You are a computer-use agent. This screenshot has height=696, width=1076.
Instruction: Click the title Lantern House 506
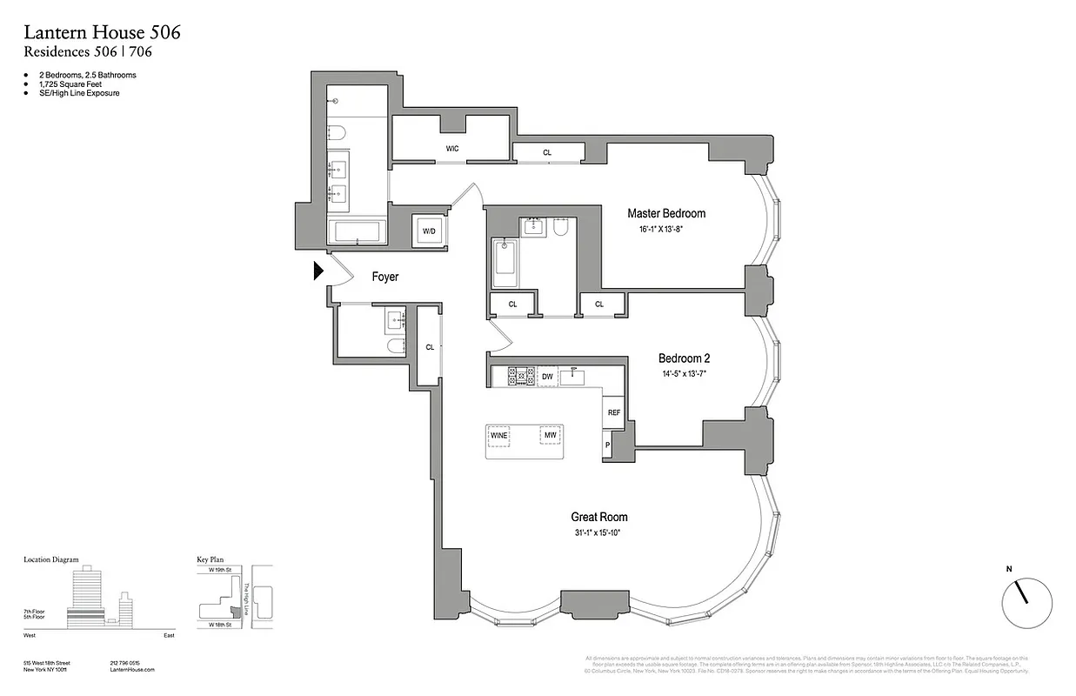click(x=102, y=33)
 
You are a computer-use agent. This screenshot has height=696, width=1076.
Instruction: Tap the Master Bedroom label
click(x=666, y=213)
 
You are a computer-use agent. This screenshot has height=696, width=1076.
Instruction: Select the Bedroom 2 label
click(x=685, y=358)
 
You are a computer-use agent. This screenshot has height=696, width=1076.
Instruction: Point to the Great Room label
click(x=598, y=517)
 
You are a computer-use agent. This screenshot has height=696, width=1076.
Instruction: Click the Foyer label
click(x=385, y=277)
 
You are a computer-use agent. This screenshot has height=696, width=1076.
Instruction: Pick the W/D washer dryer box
click(x=429, y=231)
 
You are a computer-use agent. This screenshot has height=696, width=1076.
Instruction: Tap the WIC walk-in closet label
click(x=452, y=149)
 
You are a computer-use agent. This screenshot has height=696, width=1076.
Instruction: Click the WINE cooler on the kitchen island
click(x=498, y=435)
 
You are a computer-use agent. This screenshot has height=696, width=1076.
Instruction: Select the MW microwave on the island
click(x=550, y=435)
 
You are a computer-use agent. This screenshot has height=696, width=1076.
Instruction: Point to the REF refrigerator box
click(x=613, y=412)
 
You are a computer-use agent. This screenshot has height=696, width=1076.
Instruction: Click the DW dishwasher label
click(x=547, y=377)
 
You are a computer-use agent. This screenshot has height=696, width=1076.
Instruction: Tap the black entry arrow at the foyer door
click(x=318, y=272)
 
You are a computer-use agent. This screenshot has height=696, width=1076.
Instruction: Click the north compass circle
click(x=1026, y=602)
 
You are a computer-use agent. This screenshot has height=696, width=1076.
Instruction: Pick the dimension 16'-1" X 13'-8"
click(x=666, y=231)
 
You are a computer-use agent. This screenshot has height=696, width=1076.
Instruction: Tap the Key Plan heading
click(x=212, y=560)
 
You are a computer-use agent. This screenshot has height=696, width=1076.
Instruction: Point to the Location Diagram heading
click(x=50, y=560)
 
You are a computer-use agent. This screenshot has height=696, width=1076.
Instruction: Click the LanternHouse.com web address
click(x=132, y=670)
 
